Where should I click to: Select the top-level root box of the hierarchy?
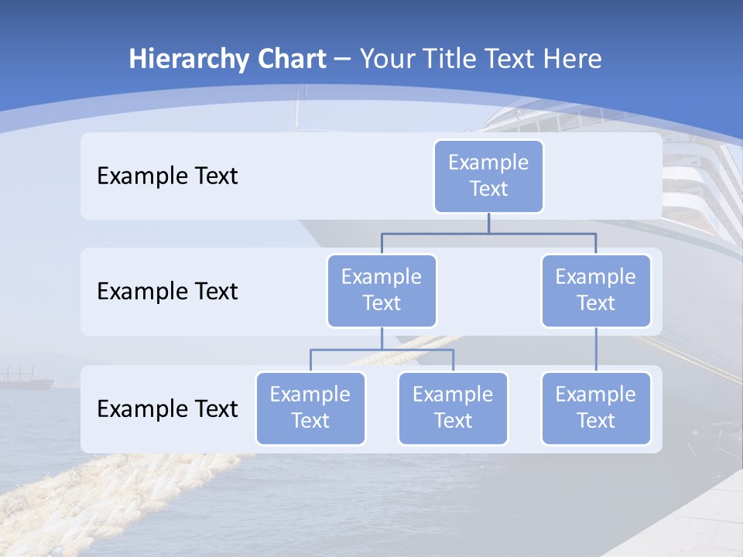tap(488, 176)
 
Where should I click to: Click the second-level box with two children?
tap(382, 290)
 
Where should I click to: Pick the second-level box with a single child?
tap(596, 290)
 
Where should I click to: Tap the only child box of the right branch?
tap(596, 408)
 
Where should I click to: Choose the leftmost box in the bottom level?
tap(310, 408)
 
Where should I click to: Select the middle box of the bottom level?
tap(453, 408)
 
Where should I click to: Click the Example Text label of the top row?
tap(167, 176)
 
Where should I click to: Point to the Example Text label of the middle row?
tap(167, 292)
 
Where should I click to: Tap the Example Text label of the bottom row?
tap(167, 408)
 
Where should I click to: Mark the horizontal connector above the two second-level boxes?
tap(488, 233)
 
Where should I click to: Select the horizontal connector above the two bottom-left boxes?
tap(382, 350)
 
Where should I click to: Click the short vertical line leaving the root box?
tap(488, 223)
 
